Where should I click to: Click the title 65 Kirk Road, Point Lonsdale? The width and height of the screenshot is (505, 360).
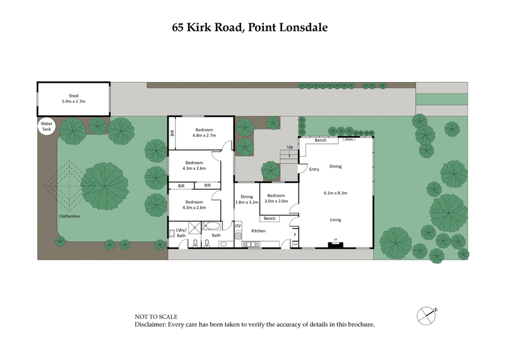pos(251,28)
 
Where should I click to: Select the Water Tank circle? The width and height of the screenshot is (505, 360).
pos(47,125)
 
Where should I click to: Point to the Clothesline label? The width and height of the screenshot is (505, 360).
pos(70,216)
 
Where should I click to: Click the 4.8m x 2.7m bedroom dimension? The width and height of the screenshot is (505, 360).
pos(204,135)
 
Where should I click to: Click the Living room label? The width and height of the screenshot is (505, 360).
pos(335,219)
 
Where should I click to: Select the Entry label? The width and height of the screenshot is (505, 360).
pos(314,169)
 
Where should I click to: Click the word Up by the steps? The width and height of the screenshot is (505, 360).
pos(290,147)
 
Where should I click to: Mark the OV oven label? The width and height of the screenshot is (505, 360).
pos(238,225)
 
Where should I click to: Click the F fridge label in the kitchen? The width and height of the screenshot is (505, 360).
pos(295,235)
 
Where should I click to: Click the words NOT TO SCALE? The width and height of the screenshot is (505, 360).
pos(156,316)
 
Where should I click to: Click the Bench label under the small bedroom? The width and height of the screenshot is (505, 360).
pos(270,219)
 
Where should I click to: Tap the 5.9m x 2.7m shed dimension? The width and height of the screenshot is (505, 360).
pos(73,101)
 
